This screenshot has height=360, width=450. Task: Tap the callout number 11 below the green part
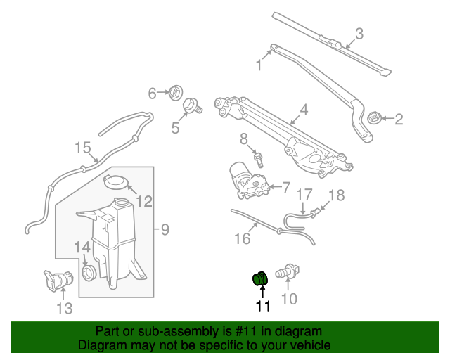263,306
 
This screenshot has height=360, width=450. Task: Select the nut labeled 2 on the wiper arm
375,118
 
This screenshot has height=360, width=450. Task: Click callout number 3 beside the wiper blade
359,33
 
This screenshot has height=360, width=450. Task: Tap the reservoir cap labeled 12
116,183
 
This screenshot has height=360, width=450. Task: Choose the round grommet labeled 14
89,272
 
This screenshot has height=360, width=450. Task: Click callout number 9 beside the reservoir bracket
165,229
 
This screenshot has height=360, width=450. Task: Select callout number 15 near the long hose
83,147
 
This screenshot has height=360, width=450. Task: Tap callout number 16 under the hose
241,239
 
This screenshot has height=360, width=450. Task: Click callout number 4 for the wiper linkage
304,110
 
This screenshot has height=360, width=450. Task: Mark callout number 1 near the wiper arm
259,66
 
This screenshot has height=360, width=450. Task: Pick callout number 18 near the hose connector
337,195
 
